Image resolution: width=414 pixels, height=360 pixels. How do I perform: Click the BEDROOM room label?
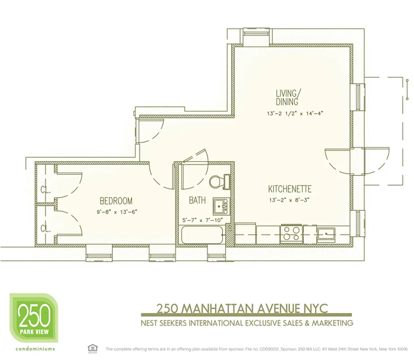(x=116, y=201)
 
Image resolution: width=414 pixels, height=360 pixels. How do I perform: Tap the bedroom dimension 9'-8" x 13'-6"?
(x=116, y=211)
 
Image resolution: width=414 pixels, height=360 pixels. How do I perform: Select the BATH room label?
(x=197, y=200)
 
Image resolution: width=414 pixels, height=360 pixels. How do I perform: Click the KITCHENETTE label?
(x=290, y=189)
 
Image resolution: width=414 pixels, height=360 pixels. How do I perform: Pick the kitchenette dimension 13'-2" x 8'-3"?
(x=290, y=199)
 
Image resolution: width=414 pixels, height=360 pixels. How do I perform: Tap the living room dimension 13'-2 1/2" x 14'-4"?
(x=294, y=114)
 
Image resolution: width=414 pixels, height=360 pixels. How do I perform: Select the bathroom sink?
(x=220, y=207)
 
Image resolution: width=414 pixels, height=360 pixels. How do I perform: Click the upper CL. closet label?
(x=45, y=189)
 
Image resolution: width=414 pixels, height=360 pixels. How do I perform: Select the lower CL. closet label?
(x=45, y=228)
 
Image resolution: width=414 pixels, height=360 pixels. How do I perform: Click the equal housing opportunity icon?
(x=92, y=348)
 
